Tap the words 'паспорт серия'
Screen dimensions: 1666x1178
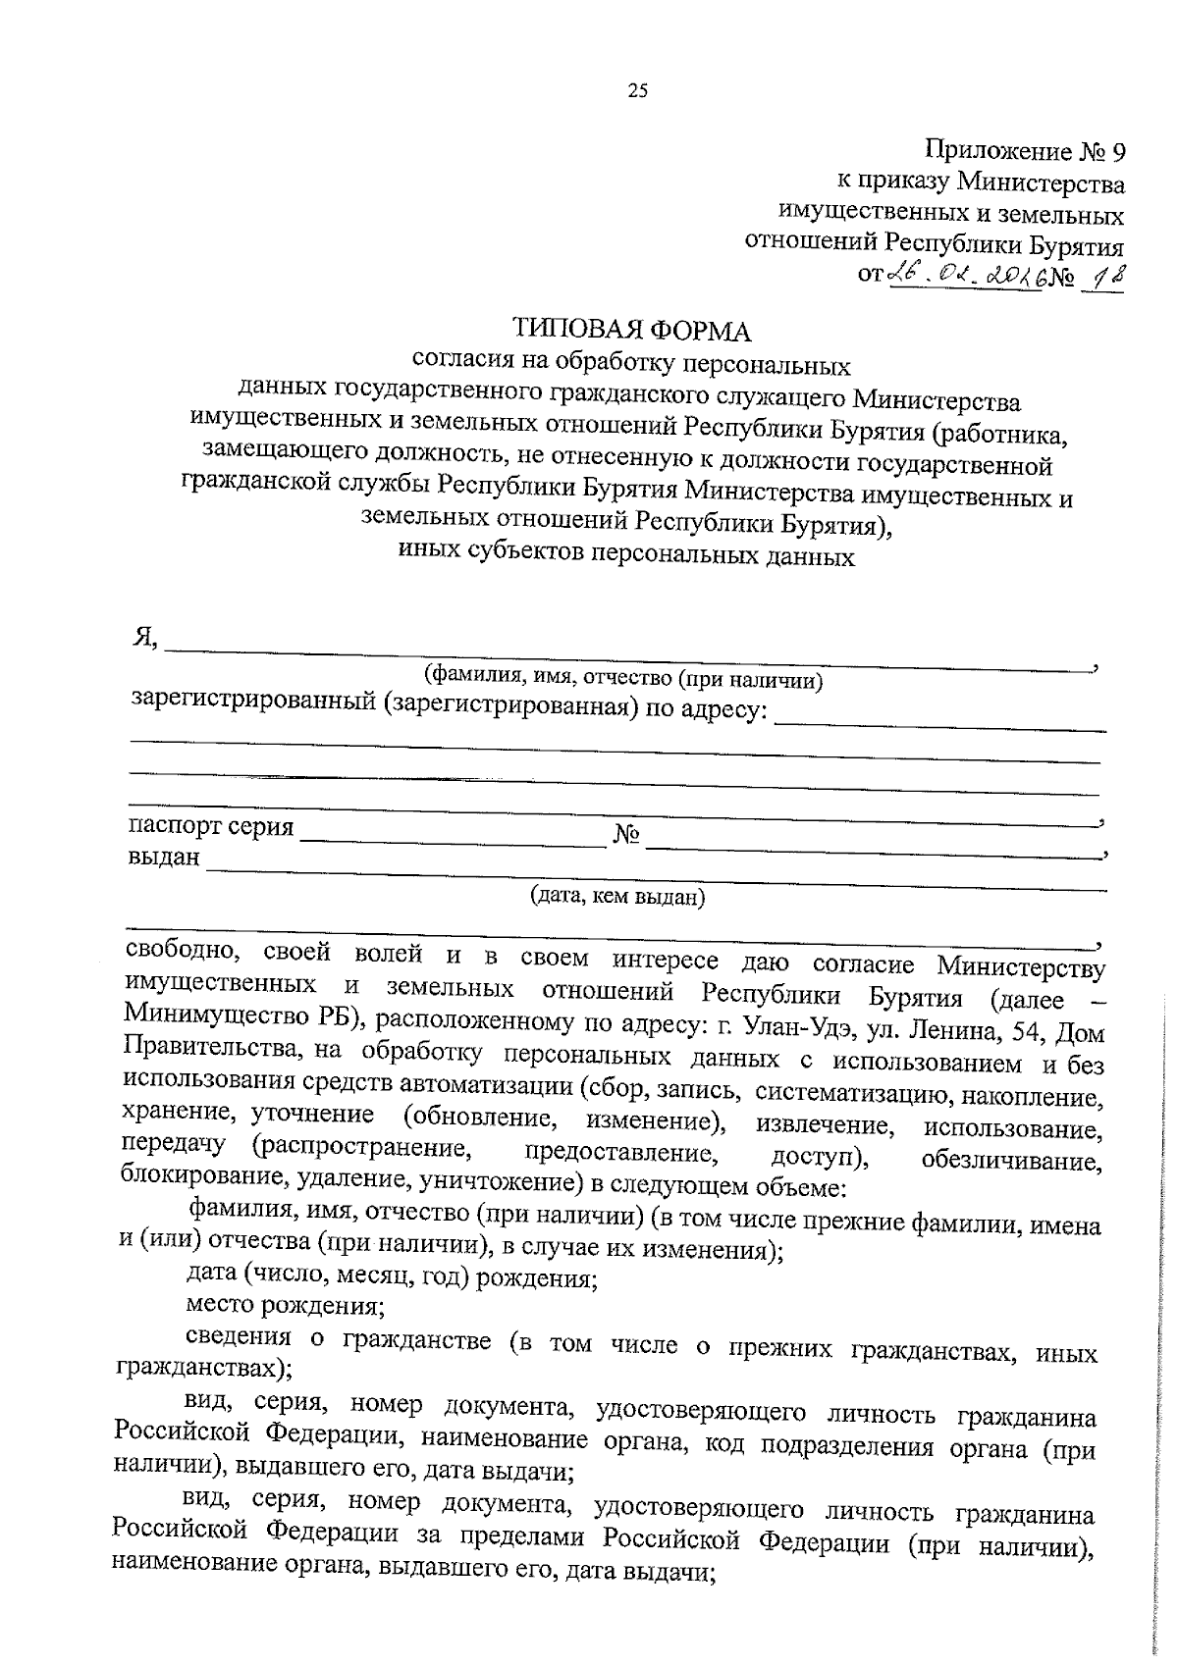click(x=211, y=827)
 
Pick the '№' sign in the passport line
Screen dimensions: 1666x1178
click(x=627, y=835)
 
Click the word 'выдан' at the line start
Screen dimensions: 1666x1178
click(x=163, y=858)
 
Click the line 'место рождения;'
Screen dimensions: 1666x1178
click(x=285, y=1306)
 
